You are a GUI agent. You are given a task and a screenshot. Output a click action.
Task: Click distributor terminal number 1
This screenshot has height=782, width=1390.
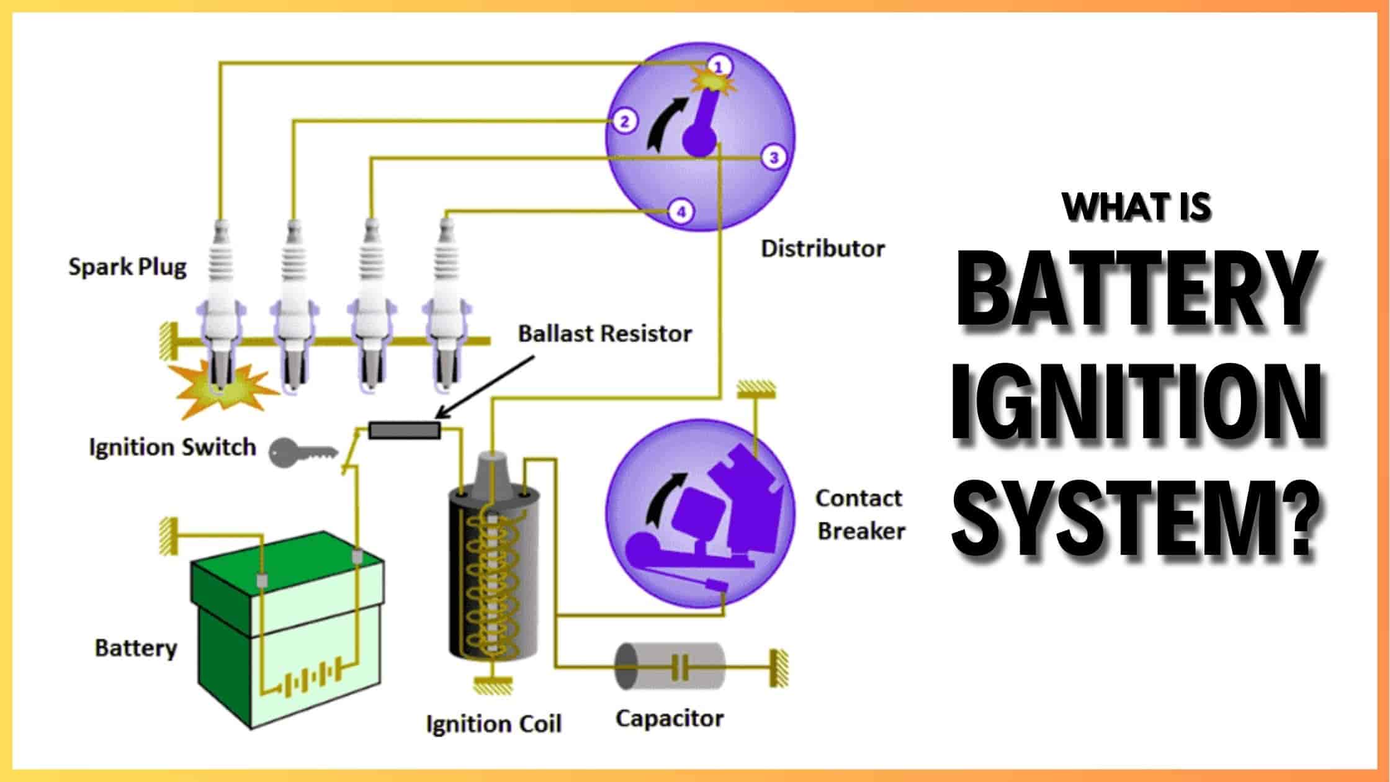click(718, 66)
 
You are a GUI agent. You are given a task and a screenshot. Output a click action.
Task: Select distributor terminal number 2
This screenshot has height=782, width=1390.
click(625, 122)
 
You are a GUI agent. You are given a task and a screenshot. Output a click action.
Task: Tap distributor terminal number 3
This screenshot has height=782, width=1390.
click(773, 158)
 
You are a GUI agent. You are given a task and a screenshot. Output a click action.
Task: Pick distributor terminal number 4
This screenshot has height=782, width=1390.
click(681, 212)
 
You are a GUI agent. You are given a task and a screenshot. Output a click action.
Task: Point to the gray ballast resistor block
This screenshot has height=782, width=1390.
click(405, 429)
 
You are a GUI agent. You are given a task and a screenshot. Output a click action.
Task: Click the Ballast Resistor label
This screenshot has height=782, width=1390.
click(604, 334)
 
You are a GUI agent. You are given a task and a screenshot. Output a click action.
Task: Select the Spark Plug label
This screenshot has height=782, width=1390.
click(127, 267)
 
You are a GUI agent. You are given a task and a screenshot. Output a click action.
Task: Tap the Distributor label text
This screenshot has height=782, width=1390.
click(822, 249)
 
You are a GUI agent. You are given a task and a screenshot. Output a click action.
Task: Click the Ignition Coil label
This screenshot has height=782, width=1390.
click(493, 724)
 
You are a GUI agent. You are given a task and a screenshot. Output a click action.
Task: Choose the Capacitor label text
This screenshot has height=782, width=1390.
click(670, 719)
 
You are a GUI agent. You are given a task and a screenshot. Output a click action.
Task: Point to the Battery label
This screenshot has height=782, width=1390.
click(136, 648)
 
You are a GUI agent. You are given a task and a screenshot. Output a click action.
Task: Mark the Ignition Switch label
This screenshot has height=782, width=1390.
click(172, 447)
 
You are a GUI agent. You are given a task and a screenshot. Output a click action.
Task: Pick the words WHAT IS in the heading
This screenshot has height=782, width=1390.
click(1136, 207)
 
